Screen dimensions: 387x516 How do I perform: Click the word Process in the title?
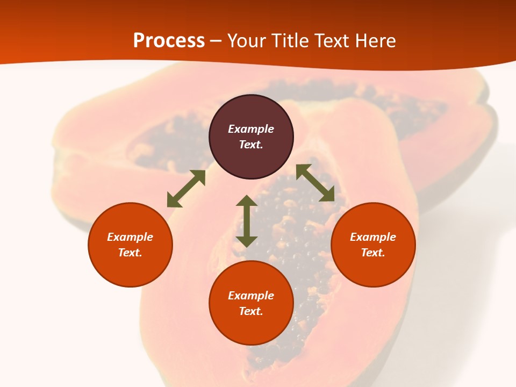(169, 41)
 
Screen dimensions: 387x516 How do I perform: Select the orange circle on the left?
(130, 269)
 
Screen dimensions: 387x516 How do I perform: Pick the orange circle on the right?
(373, 269)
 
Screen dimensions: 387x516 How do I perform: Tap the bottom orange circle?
(251, 328)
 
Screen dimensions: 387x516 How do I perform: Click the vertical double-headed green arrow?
(247, 221)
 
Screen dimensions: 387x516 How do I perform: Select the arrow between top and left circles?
(186, 189)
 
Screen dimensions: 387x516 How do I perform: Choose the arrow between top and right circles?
(316, 183)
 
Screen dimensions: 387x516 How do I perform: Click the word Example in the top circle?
(251, 129)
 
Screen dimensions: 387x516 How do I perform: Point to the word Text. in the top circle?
(251, 145)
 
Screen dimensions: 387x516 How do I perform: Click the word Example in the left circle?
(130, 237)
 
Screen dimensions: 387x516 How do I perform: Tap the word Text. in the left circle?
(130, 253)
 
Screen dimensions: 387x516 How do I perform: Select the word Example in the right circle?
(373, 237)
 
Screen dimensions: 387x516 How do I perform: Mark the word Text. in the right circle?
(373, 253)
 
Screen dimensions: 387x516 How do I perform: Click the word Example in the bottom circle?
(251, 296)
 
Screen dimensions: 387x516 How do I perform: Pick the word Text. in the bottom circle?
(251, 311)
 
